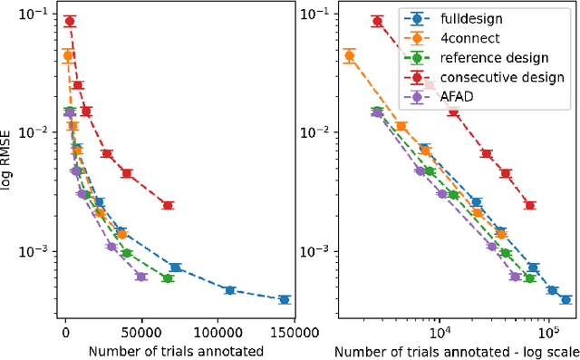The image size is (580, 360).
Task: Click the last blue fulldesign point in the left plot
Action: [285, 299]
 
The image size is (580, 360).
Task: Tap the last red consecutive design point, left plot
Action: [168, 206]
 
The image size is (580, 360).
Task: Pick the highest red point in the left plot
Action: [70, 21]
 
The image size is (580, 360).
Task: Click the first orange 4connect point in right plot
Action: [350, 55]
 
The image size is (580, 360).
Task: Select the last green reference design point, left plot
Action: [168, 278]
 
